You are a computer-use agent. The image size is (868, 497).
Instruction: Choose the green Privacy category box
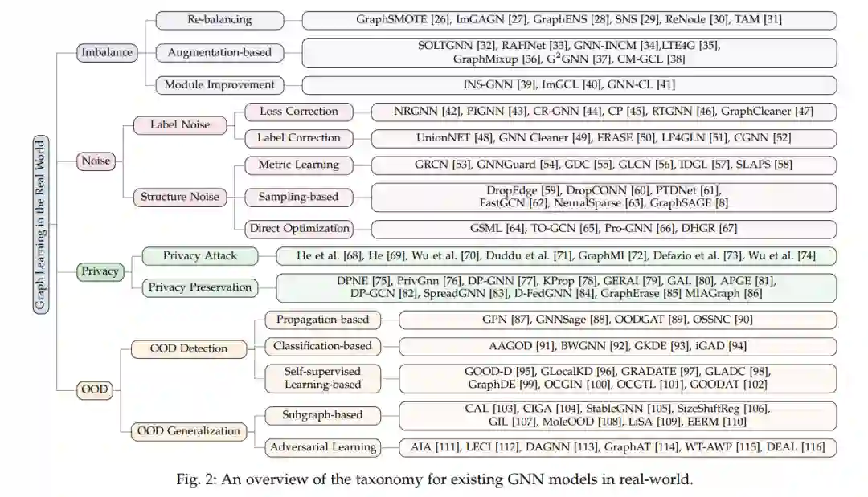tap(100, 271)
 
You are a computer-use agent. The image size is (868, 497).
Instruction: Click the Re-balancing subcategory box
tap(219, 19)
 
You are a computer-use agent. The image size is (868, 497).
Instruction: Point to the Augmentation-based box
tap(219, 53)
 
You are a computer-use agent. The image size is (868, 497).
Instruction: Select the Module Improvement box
tap(219, 84)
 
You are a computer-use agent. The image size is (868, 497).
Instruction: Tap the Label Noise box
tap(180, 124)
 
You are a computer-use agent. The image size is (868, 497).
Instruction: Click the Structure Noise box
tap(179, 197)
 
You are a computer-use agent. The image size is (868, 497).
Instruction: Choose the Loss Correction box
tap(298, 112)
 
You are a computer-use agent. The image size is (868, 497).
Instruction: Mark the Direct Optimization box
tap(298, 229)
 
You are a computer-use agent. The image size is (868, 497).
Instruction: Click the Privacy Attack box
tap(200, 256)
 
